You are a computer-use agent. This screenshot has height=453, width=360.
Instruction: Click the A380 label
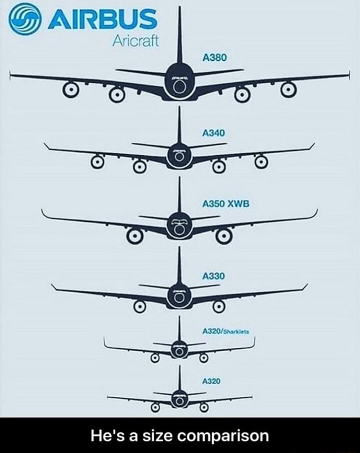(214, 58)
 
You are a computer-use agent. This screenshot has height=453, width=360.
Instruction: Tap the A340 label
(214, 133)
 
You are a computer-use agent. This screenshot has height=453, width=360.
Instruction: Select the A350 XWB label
(226, 204)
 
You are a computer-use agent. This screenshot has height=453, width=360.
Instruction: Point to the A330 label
(214, 276)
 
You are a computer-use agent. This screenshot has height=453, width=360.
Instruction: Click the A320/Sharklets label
(226, 331)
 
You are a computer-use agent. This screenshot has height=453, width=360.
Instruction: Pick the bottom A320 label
(211, 382)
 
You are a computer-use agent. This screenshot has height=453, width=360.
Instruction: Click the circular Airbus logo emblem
(24, 20)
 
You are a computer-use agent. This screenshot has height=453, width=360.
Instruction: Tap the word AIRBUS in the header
(102, 19)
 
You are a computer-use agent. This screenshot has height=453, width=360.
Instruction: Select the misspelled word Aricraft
(136, 41)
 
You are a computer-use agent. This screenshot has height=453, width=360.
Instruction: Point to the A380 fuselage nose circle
(179, 87)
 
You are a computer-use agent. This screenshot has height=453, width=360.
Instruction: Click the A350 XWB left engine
(134, 236)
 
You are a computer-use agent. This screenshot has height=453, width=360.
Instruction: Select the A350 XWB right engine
(224, 236)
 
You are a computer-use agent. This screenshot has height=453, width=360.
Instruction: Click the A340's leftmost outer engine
(97, 162)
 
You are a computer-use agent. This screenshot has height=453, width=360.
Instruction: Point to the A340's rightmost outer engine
(261, 162)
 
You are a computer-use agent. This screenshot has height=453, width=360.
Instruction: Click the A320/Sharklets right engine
(204, 358)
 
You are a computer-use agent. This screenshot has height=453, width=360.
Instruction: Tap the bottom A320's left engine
(155, 407)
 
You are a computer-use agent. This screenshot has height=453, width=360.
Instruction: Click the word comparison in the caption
(223, 436)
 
